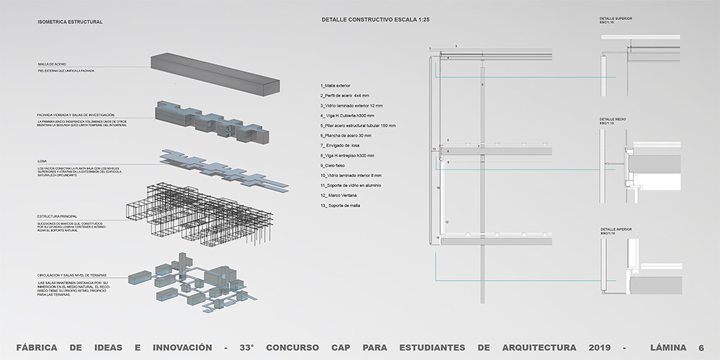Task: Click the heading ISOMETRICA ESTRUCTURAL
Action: [x=70, y=22]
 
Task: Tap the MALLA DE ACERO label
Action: [x=52, y=64]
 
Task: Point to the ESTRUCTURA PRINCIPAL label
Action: [x=58, y=216]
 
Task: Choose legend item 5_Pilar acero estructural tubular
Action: [x=358, y=125]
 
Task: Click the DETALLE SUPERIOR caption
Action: [x=616, y=18]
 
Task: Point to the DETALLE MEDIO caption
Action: [x=613, y=119]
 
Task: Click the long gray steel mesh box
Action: [x=216, y=74]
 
